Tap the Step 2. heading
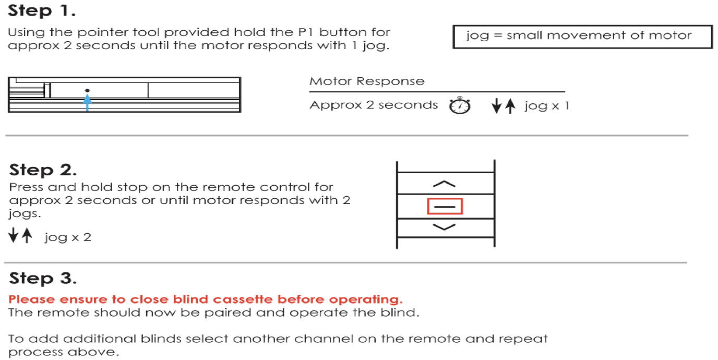[43, 170]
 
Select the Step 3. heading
[43, 278]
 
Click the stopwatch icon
[460, 105]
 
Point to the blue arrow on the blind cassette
[87, 103]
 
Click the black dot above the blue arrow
[87, 91]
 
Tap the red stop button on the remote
[445, 207]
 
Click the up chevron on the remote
[445, 184]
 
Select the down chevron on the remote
[445, 227]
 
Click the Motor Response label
[367, 81]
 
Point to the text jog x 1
[546, 106]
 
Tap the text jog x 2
[68, 237]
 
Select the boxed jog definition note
[582, 36]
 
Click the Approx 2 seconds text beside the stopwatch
[374, 105]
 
